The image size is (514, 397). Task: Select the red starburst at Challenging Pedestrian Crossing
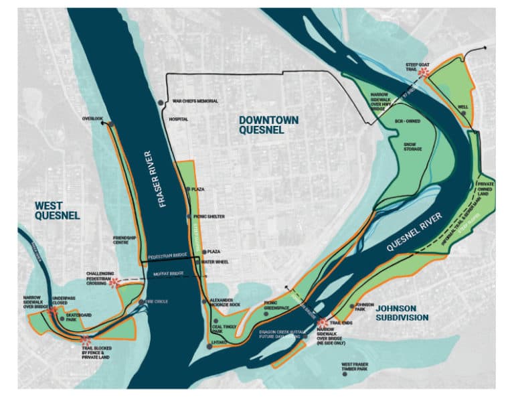(x=114, y=283)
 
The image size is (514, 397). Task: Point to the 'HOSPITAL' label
(x=179, y=119)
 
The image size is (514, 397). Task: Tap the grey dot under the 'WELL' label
(x=464, y=114)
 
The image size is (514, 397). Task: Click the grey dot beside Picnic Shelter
(x=189, y=216)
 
